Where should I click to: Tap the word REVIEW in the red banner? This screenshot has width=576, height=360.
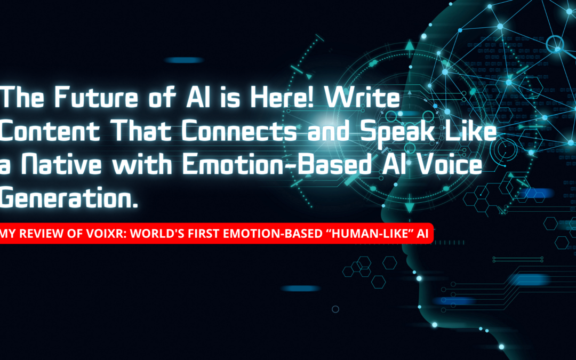(x=40, y=233)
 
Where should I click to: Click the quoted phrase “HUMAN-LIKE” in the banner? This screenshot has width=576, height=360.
(x=362, y=233)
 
